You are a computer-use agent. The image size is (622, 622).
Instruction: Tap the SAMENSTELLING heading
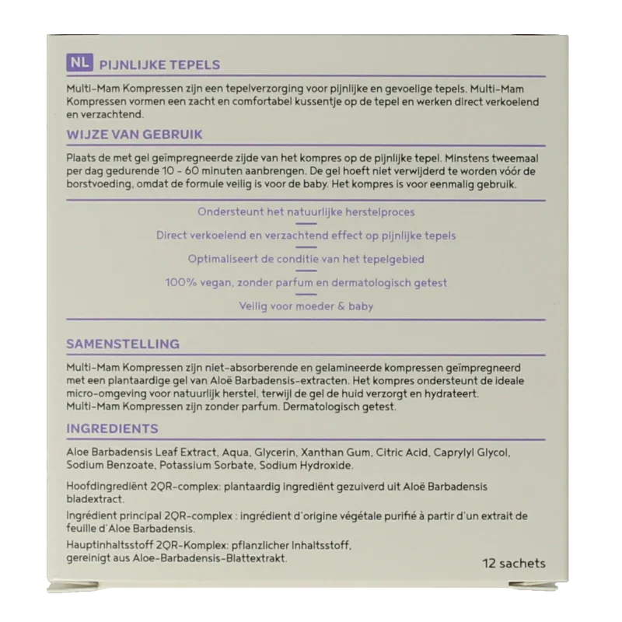pos(123,344)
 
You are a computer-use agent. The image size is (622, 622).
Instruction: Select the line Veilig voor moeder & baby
pos(306,306)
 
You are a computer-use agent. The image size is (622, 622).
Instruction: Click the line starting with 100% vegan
pos(306,283)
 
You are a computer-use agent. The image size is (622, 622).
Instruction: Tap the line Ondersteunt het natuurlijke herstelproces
pos(306,211)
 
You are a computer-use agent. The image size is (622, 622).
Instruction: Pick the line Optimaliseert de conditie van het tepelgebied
pos(306,259)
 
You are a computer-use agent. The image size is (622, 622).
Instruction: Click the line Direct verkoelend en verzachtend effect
pos(306,236)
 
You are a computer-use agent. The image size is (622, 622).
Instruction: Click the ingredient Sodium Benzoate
pos(110,466)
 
